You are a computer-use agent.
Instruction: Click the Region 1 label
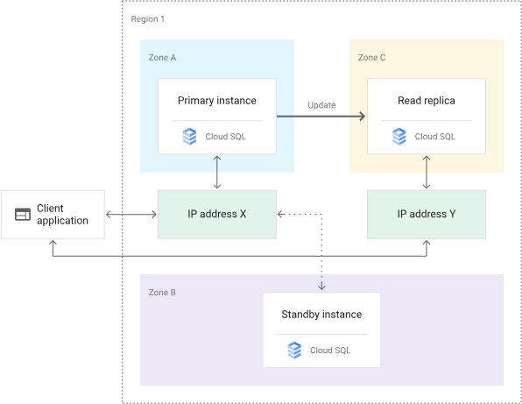tap(147, 19)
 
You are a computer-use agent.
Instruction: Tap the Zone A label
tap(162, 58)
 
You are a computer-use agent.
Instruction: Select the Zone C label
tap(371, 58)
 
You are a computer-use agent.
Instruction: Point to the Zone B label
tap(162, 293)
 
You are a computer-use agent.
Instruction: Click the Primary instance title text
tap(217, 101)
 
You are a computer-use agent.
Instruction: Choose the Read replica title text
tap(427, 101)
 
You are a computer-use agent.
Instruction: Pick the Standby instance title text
tap(321, 315)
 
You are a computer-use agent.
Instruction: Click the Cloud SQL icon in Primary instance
tap(190, 137)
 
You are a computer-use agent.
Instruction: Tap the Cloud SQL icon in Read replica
tap(399, 137)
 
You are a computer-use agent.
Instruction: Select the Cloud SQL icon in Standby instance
tap(294, 351)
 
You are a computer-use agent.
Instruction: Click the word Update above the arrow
tap(321, 105)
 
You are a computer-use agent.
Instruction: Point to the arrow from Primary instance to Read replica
tap(321, 117)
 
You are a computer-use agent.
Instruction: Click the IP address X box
tap(217, 215)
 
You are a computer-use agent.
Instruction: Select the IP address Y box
tap(427, 215)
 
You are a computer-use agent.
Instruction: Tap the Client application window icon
tap(23, 215)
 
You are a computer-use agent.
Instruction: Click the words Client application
tap(62, 215)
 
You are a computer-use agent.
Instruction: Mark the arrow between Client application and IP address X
tap(131, 215)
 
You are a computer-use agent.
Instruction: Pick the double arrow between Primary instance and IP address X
tap(217, 172)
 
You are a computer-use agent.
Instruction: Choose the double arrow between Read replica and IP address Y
tap(427, 172)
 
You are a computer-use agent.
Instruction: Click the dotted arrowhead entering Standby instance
tap(321, 287)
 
